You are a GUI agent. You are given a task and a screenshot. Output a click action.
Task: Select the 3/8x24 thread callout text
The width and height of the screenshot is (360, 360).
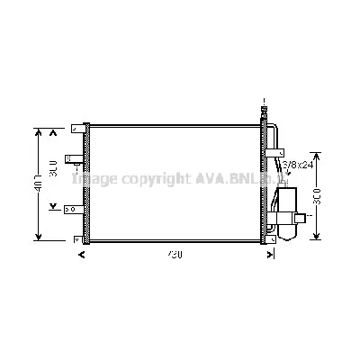click(x=298, y=165)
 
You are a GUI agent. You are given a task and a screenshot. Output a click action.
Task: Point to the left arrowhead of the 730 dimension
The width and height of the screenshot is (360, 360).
click(x=83, y=255)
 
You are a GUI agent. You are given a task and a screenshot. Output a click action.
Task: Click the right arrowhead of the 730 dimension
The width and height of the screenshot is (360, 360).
click(x=271, y=255)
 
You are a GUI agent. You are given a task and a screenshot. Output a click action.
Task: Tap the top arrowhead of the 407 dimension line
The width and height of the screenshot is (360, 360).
click(x=39, y=131)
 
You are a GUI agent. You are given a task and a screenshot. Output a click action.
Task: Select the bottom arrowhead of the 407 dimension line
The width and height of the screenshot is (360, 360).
click(x=39, y=237)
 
